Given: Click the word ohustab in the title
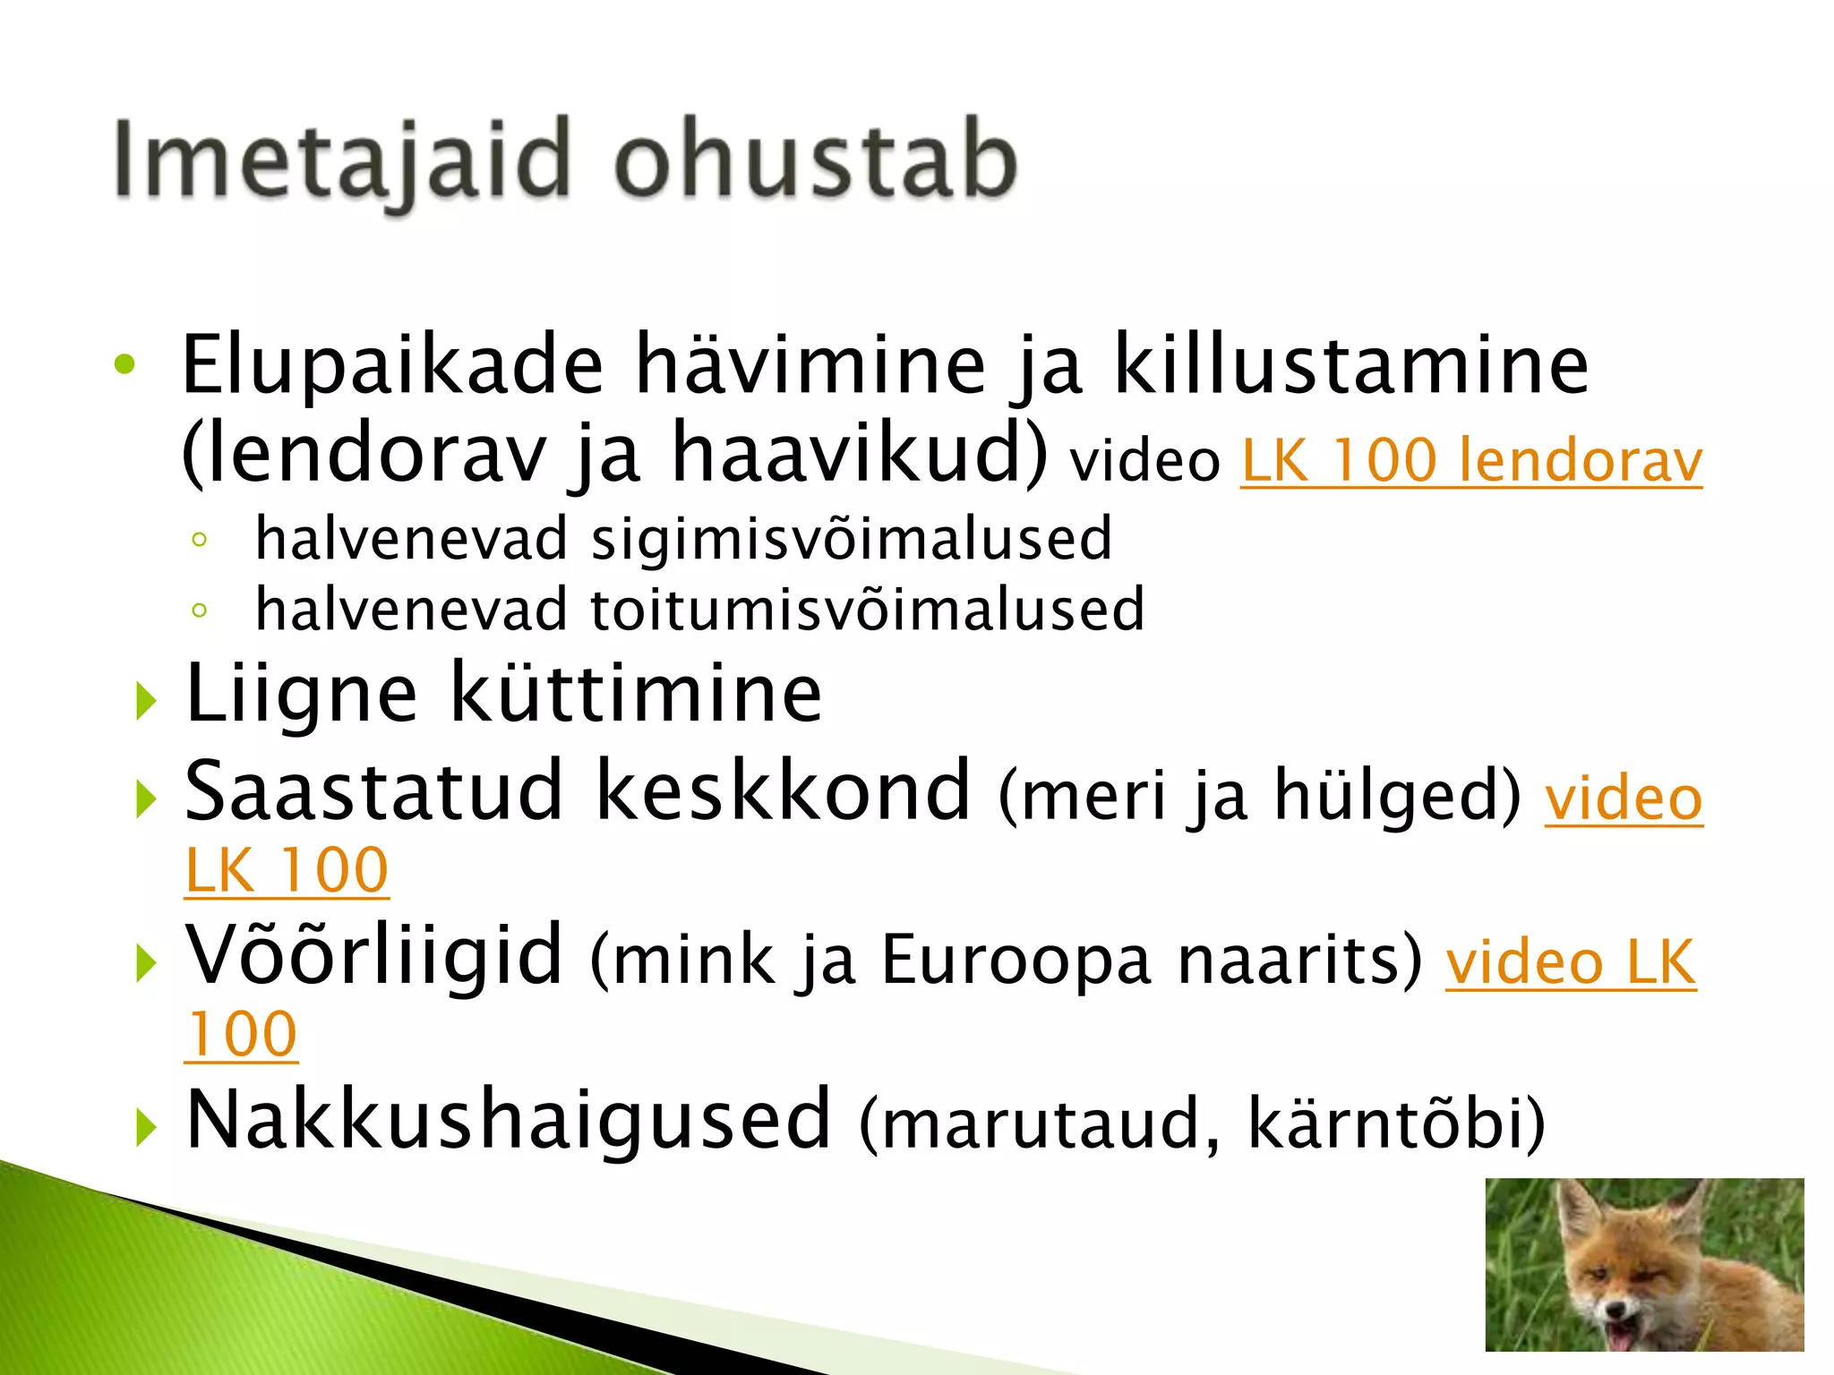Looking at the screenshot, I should [x=816, y=159].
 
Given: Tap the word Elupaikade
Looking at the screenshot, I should [x=392, y=365].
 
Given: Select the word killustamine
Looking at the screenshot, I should [x=1350, y=365].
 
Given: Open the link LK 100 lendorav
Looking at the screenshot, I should [x=1471, y=461].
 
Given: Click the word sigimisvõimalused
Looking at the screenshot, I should [x=852, y=540].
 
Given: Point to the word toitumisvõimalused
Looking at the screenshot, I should [x=868, y=611].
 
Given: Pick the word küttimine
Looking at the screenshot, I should [x=636, y=694].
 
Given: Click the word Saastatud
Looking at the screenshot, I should [x=374, y=791].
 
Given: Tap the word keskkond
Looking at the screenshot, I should [x=784, y=791].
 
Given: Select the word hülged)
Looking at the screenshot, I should [x=1397, y=795].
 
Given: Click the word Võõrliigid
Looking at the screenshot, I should [x=374, y=956].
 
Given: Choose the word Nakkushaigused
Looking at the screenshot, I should [x=509, y=1121].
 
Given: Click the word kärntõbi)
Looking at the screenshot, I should [x=1396, y=1123].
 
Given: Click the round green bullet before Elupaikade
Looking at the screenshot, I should [x=124, y=364].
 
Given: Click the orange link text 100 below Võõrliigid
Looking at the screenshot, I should [x=242, y=1036].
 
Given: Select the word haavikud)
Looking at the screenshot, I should [x=859, y=455].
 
